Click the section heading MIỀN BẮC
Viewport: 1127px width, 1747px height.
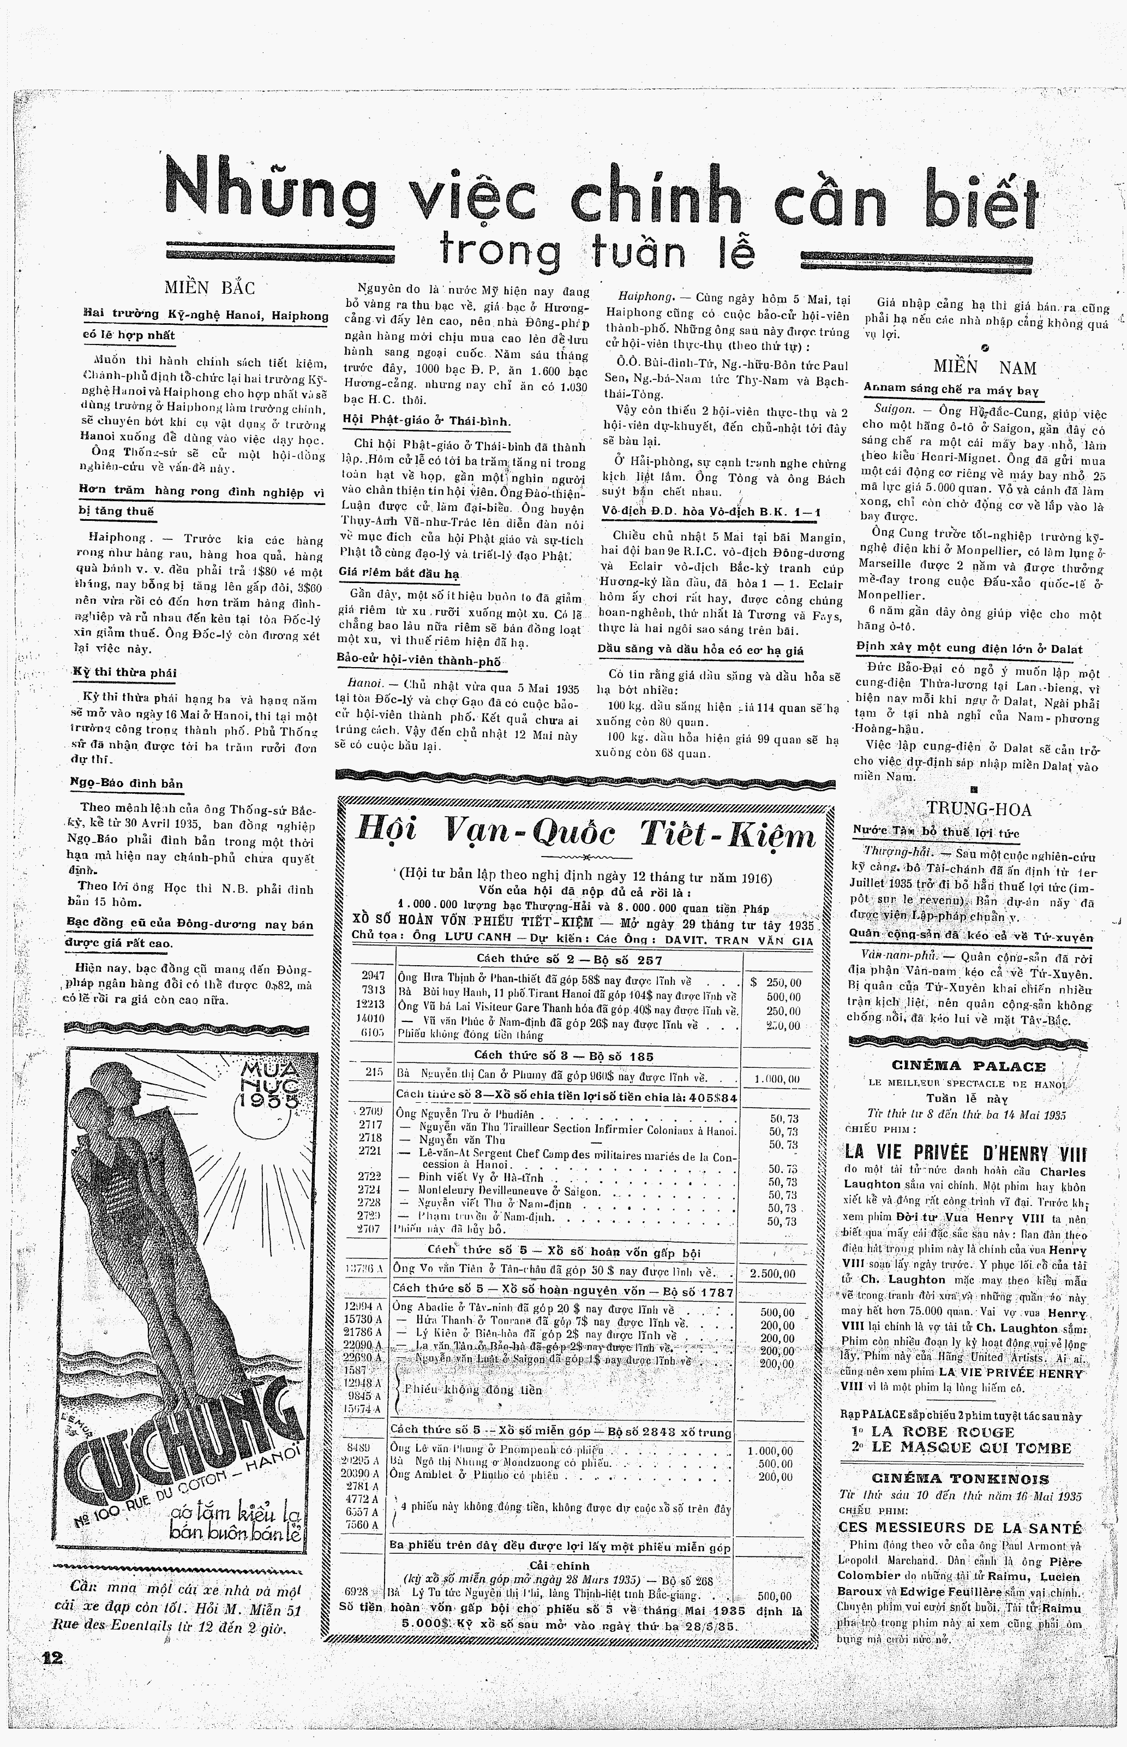pyautogui.click(x=209, y=288)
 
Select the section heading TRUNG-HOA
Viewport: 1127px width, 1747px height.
pyautogui.click(x=979, y=809)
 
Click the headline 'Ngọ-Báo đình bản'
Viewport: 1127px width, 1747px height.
pyautogui.click(x=127, y=783)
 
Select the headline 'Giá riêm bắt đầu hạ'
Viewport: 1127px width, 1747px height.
pyautogui.click(x=399, y=573)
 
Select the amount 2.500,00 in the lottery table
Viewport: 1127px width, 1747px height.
pyautogui.click(x=771, y=1273)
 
